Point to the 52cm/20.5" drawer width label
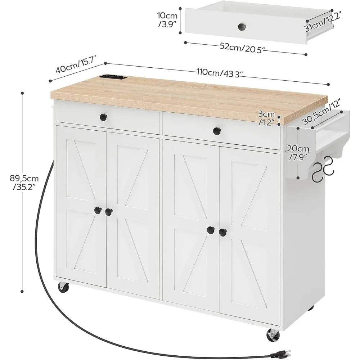pyautogui.click(x=245, y=48)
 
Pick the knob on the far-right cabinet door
pyautogui.click(x=222, y=232)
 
